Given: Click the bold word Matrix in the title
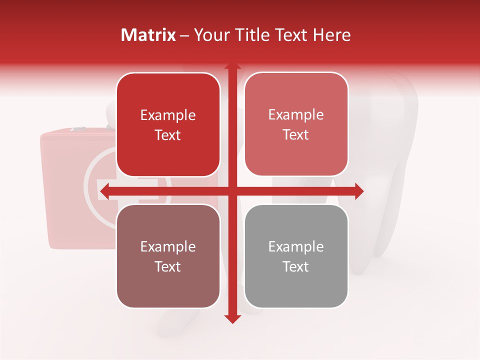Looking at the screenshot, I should [148, 34].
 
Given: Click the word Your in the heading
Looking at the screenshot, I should [210, 34].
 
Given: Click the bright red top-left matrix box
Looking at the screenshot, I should [168, 124].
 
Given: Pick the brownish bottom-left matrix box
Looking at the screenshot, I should [168, 256].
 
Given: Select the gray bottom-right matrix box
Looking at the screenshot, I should [296, 256].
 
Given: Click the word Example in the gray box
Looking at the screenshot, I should [296, 246].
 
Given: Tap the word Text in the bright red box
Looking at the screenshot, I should [168, 135].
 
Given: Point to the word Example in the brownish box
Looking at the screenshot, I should [168, 246].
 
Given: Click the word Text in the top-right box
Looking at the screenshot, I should [296, 134].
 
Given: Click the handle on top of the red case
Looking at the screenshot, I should [78, 129].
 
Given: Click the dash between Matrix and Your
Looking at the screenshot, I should [184, 35].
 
